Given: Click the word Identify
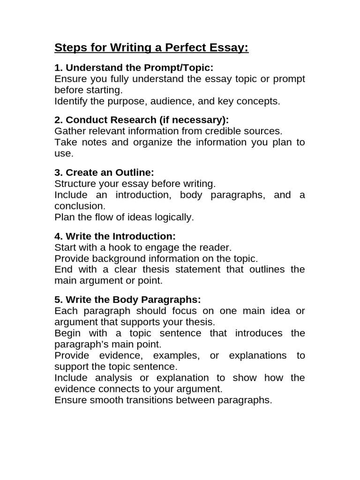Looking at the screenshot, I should pos(70,101).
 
